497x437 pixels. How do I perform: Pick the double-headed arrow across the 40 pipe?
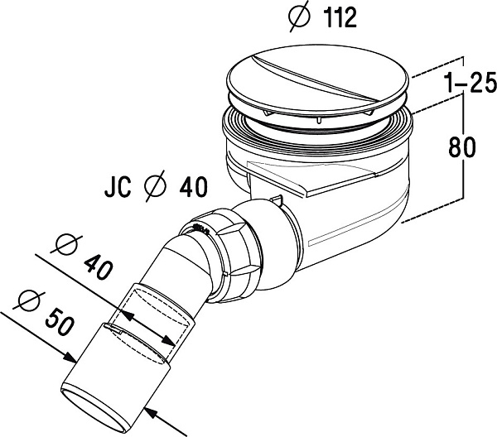pyautogui.click(x=144, y=326)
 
